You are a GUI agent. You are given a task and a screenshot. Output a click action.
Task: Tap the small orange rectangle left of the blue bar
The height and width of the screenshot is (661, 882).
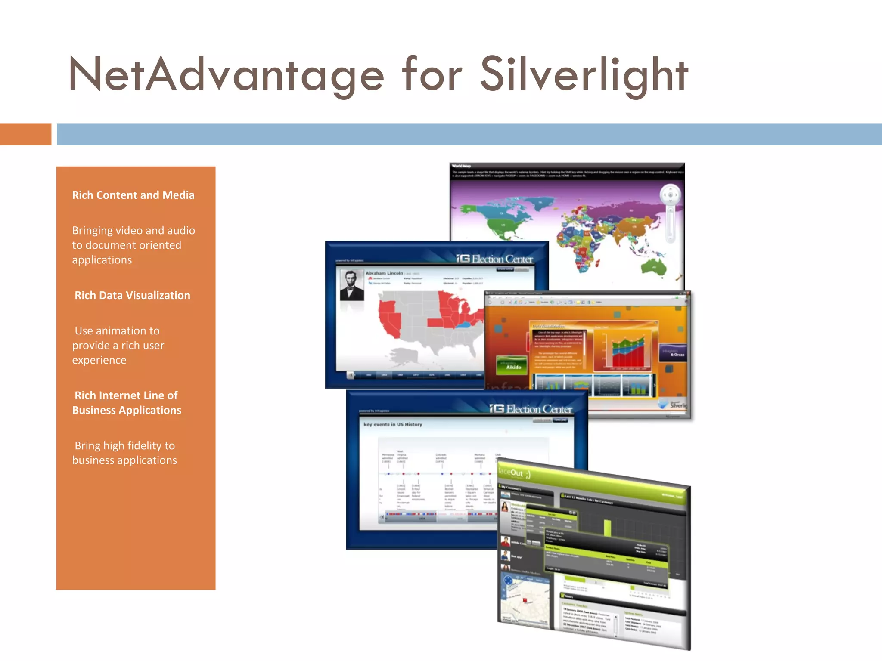pyautogui.click(x=25, y=134)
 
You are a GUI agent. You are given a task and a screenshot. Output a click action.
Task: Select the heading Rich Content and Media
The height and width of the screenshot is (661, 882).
pyautogui.click(x=133, y=195)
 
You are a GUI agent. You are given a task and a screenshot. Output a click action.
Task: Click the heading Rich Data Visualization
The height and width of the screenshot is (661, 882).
pyautogui.click(x=132, y=296)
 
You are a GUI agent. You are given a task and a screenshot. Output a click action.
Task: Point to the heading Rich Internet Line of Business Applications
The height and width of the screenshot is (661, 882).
pyautogui.click(x=127, y=403)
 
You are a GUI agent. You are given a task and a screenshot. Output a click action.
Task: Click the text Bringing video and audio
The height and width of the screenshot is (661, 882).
pyautogui.click(x=134, y=231)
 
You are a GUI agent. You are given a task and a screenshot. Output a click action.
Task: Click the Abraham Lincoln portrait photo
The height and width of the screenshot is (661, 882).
pyautogui.click(x=352, y=285)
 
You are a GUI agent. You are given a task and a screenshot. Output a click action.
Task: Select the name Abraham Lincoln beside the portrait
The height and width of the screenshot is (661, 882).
pyautogui.click(x=384, y=273)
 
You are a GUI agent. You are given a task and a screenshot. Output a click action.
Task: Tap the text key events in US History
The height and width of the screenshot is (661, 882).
pyautogui.click(x=393, y=425)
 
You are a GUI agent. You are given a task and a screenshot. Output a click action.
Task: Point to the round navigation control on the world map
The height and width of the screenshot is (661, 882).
pyautogui.click(x=670, y=195)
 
